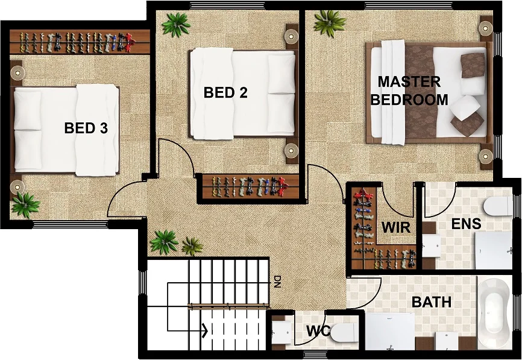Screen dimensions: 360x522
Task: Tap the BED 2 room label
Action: pyautogui.click(x=225, y=92)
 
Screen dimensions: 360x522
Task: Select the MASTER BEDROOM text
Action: pyautogui.click(x=409, y=90)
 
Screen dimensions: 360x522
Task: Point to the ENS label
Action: pyautogui.click(x=467, y=224)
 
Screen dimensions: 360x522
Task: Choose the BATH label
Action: pyautogui.click(x=432, y=302)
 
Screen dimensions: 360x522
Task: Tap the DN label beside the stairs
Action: pyautogui.click(x=277, y=282)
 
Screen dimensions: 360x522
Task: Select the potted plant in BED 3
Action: pyautogui.click(x=25, y=205)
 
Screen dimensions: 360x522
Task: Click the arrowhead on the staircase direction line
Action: pyautogui.click(x=205, y=330)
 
